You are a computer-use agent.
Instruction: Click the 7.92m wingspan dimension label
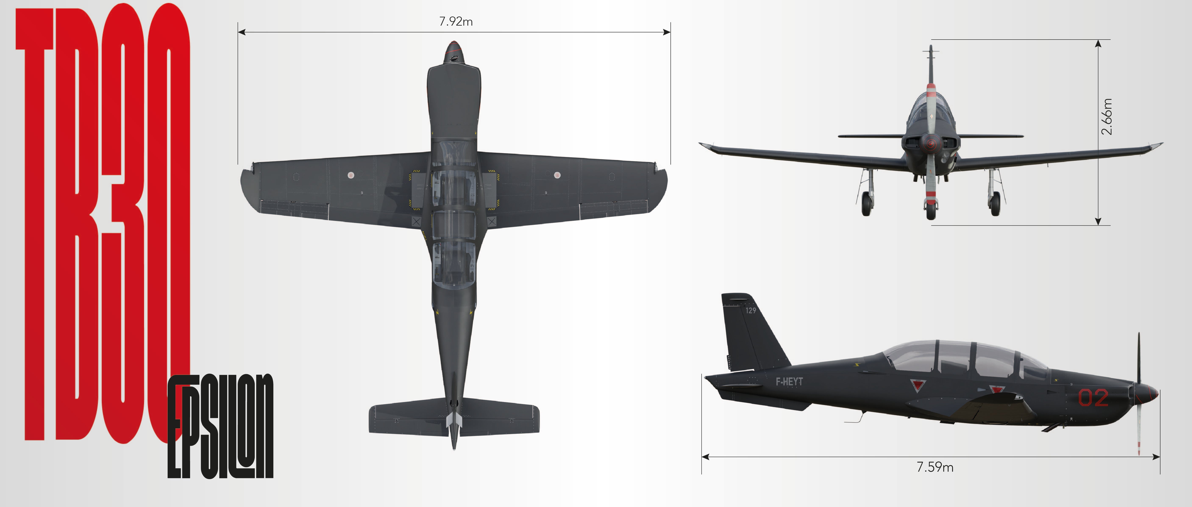coord(456,21)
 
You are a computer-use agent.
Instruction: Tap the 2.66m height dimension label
coord(1106,116)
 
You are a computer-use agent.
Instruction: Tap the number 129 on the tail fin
coord(751,310)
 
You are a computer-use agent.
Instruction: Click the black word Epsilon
coord(220,426)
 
